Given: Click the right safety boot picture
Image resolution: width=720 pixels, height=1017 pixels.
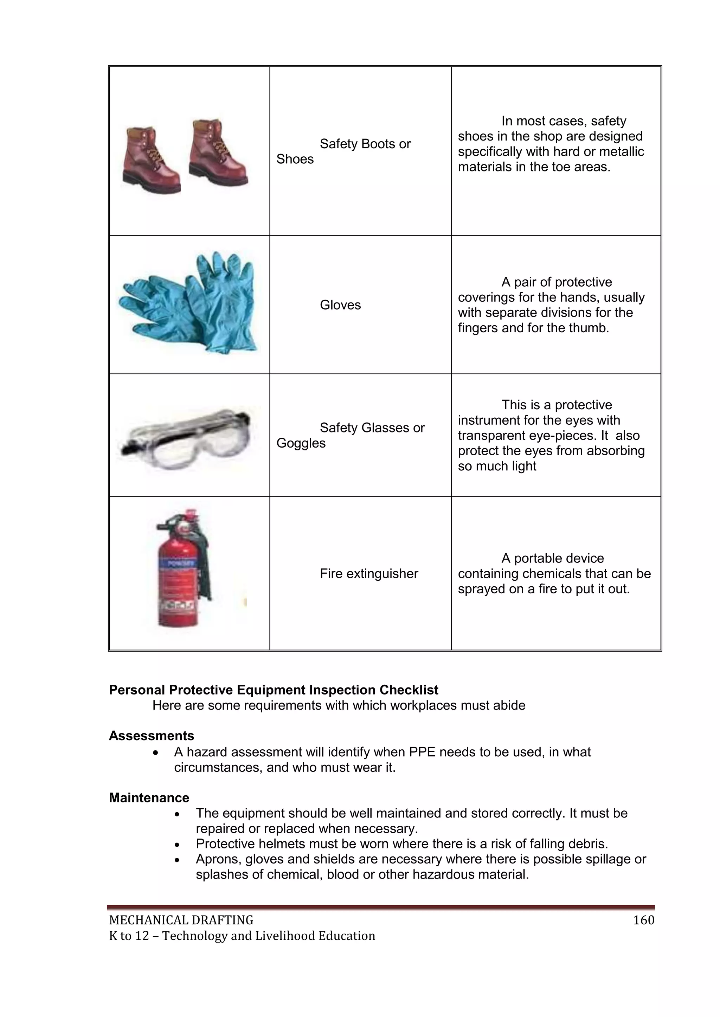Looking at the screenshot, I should coord(217,153).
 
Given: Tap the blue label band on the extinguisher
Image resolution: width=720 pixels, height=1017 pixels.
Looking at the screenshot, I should coord(177,564).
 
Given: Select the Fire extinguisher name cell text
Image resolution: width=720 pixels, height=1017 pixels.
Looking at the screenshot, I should coord(369,574).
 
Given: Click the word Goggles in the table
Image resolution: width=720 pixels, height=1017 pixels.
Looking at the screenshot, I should coord(301,443).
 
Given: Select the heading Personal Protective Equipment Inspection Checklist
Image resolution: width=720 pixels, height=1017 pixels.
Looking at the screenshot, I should coord(274,690).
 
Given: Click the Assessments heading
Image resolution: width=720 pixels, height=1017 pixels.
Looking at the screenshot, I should coord(152,736).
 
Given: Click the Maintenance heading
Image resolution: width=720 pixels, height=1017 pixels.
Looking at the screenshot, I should coord(149,798).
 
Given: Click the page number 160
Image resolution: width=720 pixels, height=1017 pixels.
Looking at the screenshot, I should coord(643,920).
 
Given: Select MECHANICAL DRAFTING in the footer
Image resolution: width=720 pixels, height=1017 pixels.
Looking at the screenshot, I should coord(181,920).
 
